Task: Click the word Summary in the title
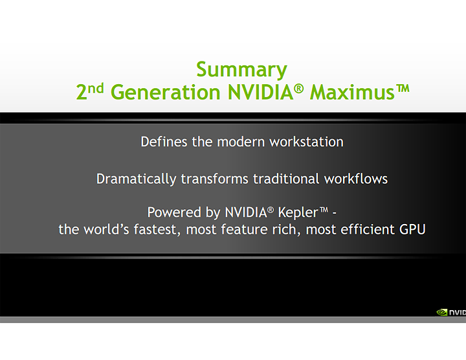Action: click(x=241, y=69)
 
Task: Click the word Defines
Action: click(x=164, y=141)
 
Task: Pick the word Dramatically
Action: click(x=137, y=179)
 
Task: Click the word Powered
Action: click(x=172, y=212)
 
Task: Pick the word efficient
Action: click(x=365, y=229)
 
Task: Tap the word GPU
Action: click(x=412, y=229)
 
